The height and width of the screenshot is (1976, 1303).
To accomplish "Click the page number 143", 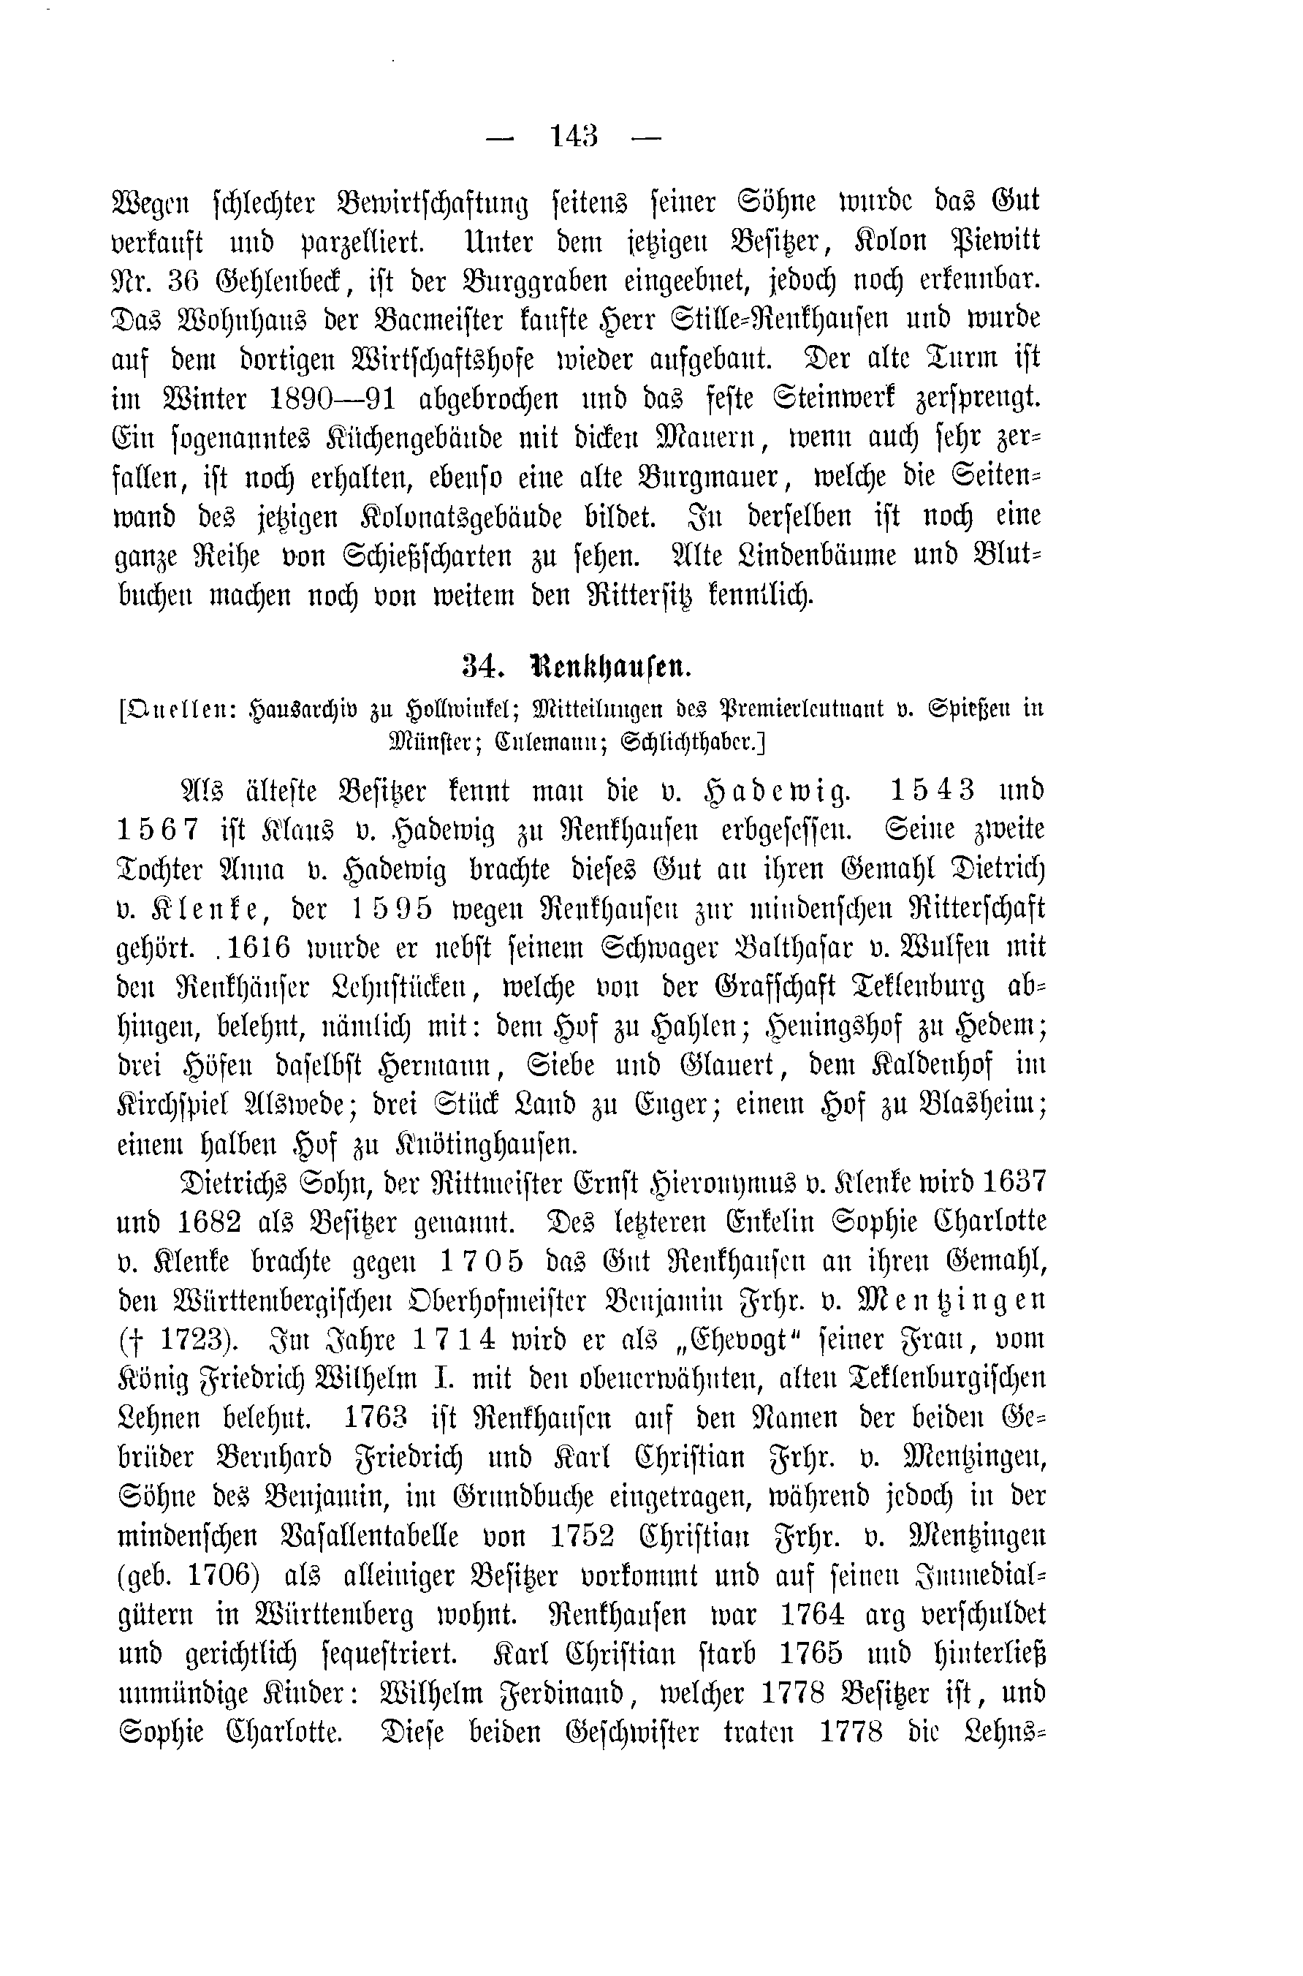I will [x=574, y=136].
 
